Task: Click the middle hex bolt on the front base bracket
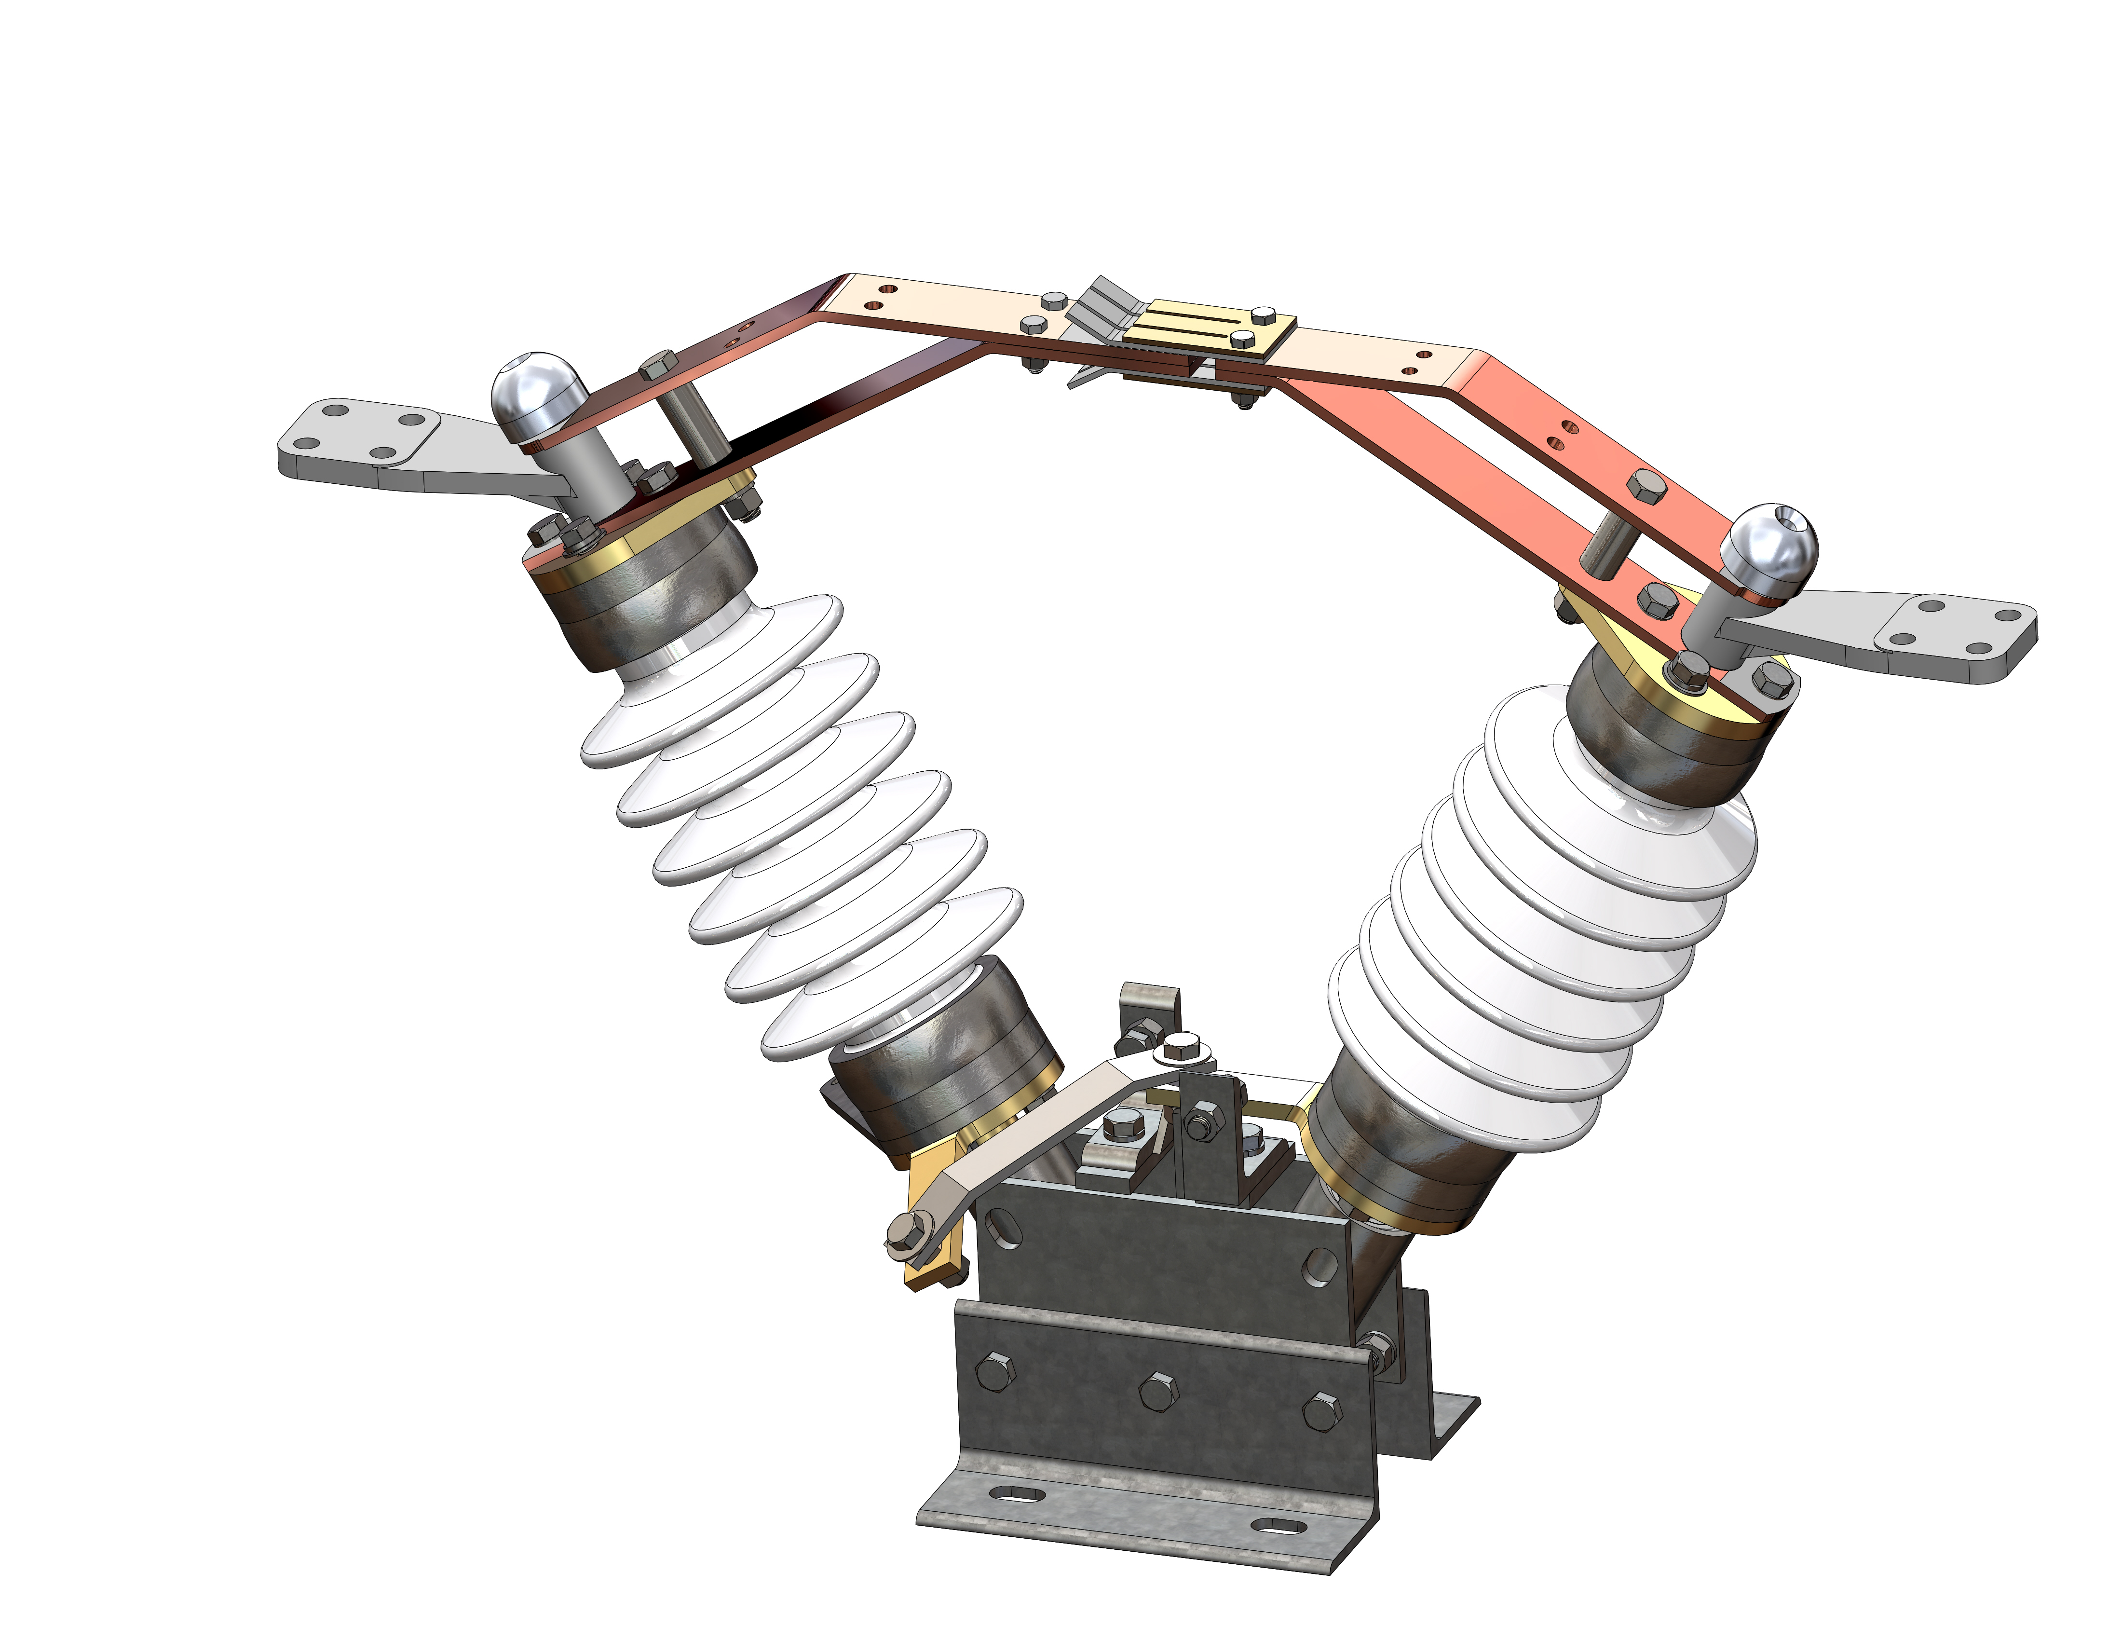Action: (1156, 1391)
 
